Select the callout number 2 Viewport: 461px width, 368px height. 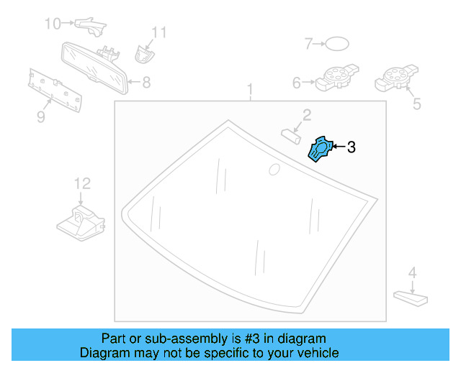(x=306, y=115)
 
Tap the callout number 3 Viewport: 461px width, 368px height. (x=351, y=148)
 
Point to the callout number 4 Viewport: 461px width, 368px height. (x=412, y=272)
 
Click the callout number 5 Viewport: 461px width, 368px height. (x=416, y=105)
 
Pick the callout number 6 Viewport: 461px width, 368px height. (x=296, y=83)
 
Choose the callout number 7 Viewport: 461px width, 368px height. (x=308, y=45)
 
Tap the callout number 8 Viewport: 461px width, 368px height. (x=146, y=83)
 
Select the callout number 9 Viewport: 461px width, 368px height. (x=40, y=116)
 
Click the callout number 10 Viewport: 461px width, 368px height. (x=53, y=24)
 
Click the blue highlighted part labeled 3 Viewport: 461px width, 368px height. (x=319, y=149)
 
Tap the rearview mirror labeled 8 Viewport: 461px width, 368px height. (x=94, y=66)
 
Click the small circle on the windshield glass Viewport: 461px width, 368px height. (x=274, y=170)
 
